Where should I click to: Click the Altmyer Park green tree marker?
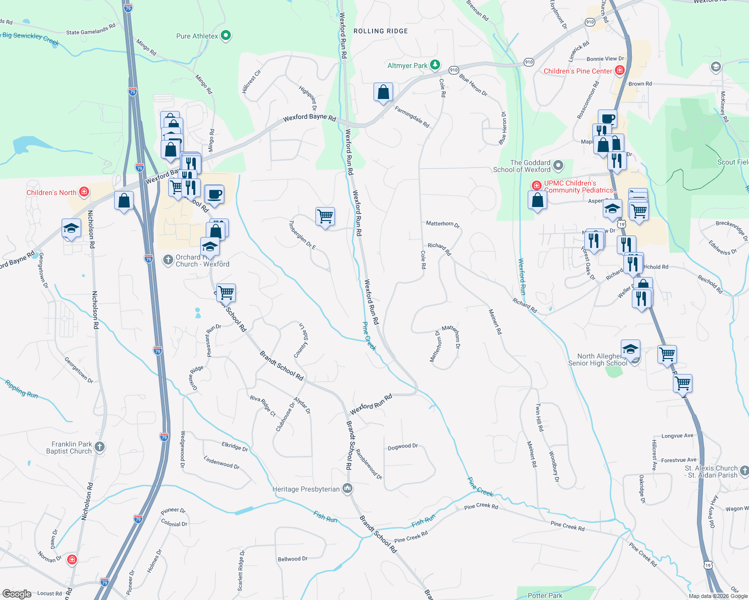436,65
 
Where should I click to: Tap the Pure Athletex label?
197,36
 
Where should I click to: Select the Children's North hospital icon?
84,192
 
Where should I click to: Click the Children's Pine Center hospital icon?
620,70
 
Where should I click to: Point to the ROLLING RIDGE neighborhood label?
381,31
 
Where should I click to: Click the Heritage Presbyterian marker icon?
347,488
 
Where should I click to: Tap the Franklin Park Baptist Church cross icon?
100,446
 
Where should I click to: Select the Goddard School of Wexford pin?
558,165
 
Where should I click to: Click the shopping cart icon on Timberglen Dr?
325,216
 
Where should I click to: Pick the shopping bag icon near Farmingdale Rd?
383,92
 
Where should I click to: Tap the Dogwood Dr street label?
403,446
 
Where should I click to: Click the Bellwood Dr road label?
292,558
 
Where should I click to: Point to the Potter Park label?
545,595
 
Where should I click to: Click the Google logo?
17,594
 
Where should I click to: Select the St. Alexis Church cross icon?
744,470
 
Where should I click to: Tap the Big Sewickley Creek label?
30,37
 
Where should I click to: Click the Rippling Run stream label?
22,389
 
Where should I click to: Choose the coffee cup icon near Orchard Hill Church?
214,194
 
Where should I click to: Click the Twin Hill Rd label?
539,417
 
